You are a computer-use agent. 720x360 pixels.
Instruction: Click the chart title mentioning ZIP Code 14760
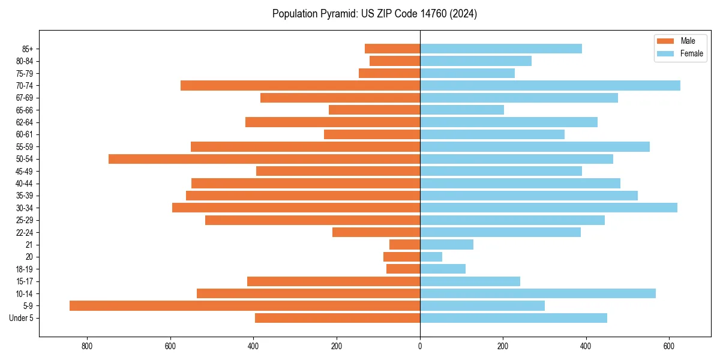pyautogui.click(x=374, y=14)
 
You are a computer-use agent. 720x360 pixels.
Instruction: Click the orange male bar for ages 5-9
pyautogui.click(x=245, y=306)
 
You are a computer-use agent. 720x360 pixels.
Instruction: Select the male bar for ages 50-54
pyautogui.click(x=264, y=159)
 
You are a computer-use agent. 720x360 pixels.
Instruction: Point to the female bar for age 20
pyautogui.click(x=431, y=257)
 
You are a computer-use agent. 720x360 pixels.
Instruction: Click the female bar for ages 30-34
pyautogui.click(x=548, y=208)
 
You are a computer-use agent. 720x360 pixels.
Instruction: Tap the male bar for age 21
pyautogui.click(x=404, y=245)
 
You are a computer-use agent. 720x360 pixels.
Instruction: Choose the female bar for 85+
pyautogui.click(x=501, y=49)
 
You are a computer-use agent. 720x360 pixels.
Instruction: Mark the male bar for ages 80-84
pyautogui.click(x=395, y=61)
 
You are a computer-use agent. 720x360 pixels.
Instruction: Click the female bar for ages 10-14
pyautogui.click(x=538, y=293)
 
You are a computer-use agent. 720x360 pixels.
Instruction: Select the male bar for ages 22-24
pyautogui.click(x=376, y=232)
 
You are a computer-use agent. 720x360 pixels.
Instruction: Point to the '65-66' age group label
pyautogui.click(x=25, y=110)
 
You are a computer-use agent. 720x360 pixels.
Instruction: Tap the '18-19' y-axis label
pyautogui.click(x=25, y=269)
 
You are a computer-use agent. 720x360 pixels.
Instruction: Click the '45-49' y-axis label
pyautogui.click(x=25, y=172)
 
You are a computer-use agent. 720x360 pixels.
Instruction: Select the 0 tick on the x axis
pyautogui.click(x=420, y=346)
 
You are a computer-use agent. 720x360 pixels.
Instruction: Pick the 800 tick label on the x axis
pyautogui.click(x=88, y=346)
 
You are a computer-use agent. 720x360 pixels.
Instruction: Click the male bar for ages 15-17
pyautogui.click(x=334, y=281)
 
